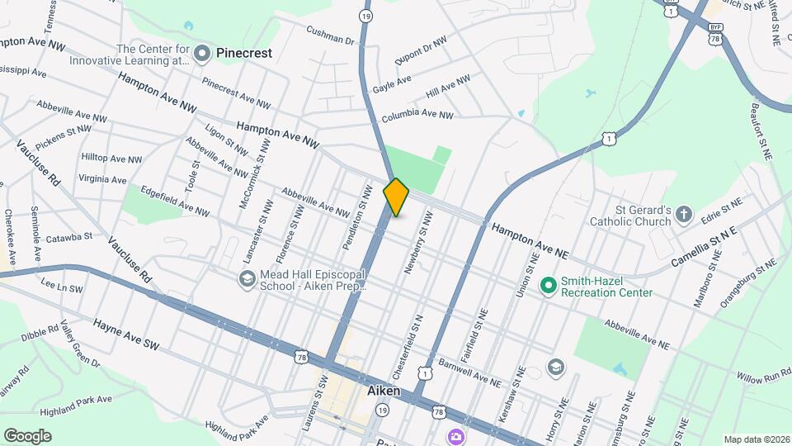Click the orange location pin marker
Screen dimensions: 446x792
(397, 197)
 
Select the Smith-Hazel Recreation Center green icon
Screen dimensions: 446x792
(547, 286)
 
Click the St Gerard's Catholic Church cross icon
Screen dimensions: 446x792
(683, 215)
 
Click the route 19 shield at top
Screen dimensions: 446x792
(365, 16)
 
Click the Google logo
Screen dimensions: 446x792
(26, 435)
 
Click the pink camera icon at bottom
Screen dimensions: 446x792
(455, 436)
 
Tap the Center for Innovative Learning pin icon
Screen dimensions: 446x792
(205, 53)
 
